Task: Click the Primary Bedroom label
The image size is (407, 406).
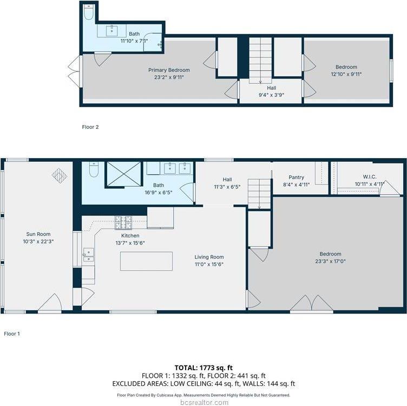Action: [x=169, y=70]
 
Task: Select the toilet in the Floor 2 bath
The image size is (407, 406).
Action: [x=89, y=12]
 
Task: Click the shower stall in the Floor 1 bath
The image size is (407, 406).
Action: [x=123, y=174]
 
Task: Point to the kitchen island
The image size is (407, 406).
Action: [x=146, y=261]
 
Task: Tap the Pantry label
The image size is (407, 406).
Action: [x=296, y=177]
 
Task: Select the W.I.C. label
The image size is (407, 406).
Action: [x=369, y=176]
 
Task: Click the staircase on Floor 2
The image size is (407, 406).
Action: [x=260, y=60]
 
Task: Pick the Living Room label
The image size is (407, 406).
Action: [x=209, y=257]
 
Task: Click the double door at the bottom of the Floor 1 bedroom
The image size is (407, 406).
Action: [x=311, y=304]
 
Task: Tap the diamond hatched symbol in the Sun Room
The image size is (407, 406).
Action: [x=59, y=175]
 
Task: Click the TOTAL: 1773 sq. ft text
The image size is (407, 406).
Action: [x=203, y=367]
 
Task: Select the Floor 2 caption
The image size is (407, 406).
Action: [x=90, y=127]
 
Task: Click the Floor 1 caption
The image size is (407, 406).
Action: [x=11, y=334]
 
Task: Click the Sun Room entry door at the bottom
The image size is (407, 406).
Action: [x=50, y=304]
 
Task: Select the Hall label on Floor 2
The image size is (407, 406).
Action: [x=271, y=88]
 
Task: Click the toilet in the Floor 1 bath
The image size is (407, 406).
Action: [x=93, y=171]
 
